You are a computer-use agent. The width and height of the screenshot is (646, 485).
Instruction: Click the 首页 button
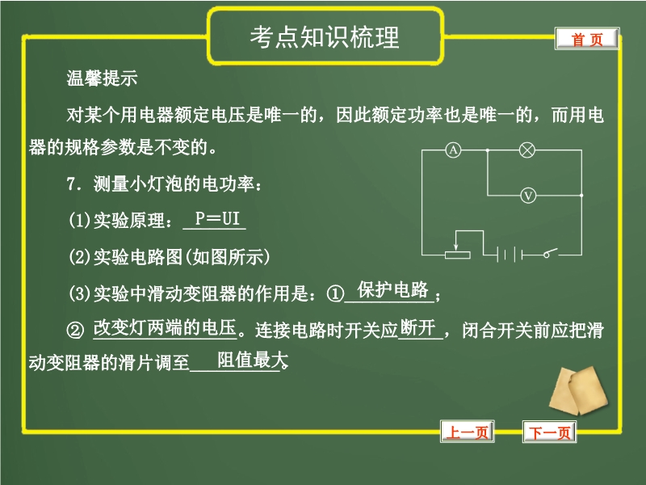[x=587, y=39]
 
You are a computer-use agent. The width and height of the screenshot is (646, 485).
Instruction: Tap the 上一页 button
[x=468, y=432]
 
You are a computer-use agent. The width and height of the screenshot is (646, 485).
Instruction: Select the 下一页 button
[x=550, y=432]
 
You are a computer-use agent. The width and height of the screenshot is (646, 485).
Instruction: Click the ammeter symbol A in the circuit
[x=453, y=150]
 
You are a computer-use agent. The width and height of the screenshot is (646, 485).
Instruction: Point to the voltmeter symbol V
[x=528, y=195]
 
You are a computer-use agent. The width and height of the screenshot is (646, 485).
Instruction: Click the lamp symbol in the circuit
[x=527, y=150]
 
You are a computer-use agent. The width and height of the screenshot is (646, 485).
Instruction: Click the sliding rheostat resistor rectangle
[x=458, y=255]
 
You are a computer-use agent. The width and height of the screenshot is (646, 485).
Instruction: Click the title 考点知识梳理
[x=325, y=37]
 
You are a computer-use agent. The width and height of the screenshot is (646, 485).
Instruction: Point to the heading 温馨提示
[x=102, y=78]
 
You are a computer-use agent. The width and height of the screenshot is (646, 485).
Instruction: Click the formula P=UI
[x=217, y=218]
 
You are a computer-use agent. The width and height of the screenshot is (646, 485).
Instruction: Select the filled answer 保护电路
[x=392, y=290]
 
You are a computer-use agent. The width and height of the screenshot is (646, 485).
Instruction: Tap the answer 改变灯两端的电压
[x=165, y=328]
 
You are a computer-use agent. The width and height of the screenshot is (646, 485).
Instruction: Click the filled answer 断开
[x=418, y=328]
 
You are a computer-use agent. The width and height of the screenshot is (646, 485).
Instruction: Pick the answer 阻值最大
[x=252, y=360]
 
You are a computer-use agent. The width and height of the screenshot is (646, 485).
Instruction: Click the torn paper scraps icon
[x=578, y=390]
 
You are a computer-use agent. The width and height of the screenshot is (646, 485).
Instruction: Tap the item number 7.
[x=73, y=184]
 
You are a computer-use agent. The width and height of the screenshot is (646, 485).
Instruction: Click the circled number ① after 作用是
[x=335, y=294]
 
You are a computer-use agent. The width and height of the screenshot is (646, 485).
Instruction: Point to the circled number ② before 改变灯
[x=75, y=330]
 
